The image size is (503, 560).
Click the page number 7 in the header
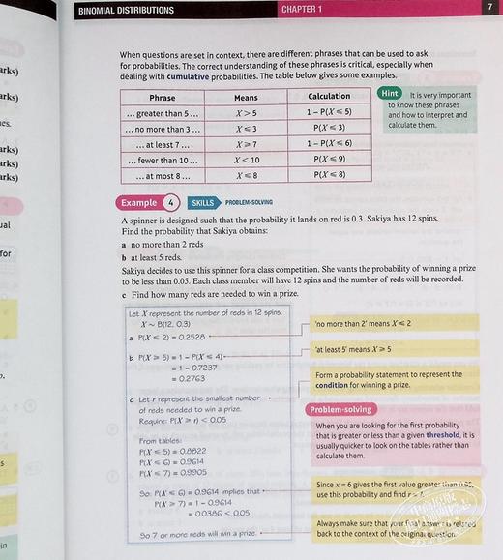pos(490,9)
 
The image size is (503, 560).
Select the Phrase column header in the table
pos(163,97)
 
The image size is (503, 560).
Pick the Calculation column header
pos(329,97)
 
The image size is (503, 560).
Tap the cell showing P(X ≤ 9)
pos(329,160)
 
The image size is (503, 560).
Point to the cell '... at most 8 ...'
pos(163,175)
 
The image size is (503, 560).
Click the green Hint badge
pos(391,94)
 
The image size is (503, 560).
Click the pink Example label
pos(139,203)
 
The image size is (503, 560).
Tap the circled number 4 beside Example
pos(170,203)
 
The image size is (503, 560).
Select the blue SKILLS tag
pos(202,203)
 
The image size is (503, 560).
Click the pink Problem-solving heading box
pos(344,409)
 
